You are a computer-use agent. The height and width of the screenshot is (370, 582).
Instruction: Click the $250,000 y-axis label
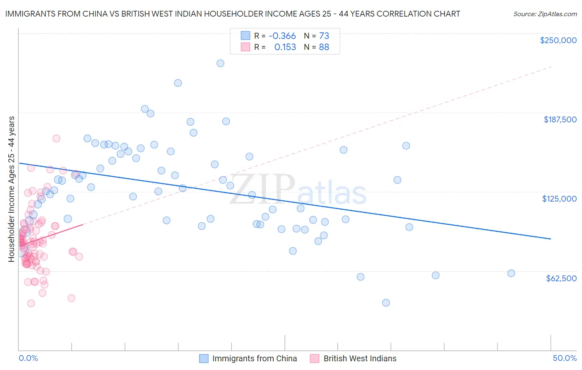(x=558, y=40)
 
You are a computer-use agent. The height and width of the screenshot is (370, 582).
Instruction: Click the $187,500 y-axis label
(x=560, y=119)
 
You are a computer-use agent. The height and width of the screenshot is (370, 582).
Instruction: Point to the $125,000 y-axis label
(x=559, y=199)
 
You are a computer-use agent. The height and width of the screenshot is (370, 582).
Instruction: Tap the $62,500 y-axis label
(x=561, y=278)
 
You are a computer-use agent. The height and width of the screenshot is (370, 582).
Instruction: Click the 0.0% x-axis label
(x=28, y=358)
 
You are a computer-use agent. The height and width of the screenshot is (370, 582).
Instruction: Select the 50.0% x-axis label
(x=565, y=358)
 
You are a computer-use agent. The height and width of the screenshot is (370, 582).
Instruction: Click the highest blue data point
(x=220, y=63)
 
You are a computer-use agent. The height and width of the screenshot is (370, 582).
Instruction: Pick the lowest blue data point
(x=386, y=303)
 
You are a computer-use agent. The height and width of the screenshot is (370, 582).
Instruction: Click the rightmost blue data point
(x=511, y=273)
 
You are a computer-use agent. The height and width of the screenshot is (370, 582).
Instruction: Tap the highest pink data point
(x=56, y=139)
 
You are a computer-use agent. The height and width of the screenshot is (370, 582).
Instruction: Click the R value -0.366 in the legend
(x=282, y=36)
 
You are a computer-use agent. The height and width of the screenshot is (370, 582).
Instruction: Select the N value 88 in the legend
(x=324, y=47)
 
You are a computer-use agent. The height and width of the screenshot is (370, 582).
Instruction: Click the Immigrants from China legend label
(x=254, y=358)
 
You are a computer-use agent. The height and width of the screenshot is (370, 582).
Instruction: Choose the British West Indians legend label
(x=360, y=358)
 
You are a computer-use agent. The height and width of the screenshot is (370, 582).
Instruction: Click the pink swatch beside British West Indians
(x=315, y=358)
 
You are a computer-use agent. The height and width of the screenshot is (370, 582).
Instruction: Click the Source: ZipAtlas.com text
(x=545, y=14)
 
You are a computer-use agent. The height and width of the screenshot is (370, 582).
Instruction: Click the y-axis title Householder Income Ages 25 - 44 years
(x=12, y=189)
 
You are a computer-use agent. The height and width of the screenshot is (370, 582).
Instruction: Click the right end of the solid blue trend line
(x=551, y=239)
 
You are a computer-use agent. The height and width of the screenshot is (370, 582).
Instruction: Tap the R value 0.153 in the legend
(x=285, y=47)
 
